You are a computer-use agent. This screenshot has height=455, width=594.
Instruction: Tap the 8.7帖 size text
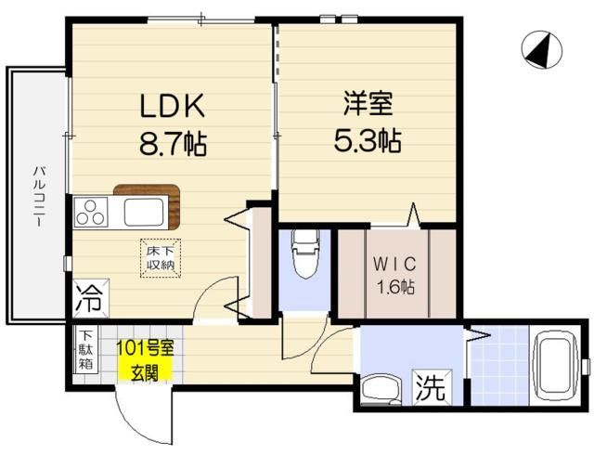[172, 144]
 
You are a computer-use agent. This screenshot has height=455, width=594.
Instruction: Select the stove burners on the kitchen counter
[91, 214]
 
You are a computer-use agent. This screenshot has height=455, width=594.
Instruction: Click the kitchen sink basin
[144, 214]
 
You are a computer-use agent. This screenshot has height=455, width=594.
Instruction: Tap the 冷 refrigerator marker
[90, 301]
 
